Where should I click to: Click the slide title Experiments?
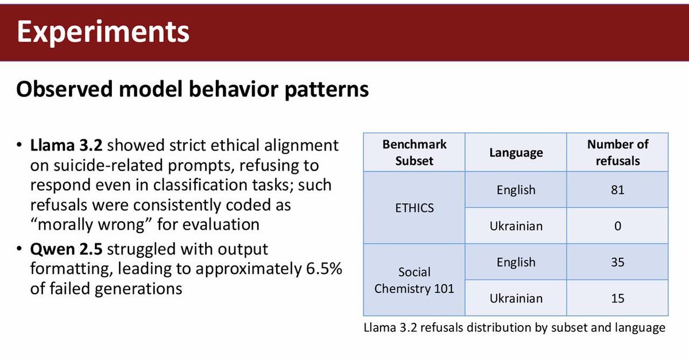click(103, 32)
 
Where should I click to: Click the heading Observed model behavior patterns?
click(192, 90)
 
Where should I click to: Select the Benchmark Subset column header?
click(414, 152)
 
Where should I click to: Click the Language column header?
click(516, 153)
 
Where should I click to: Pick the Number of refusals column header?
click(617, 152)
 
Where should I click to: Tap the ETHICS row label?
click(414, 207)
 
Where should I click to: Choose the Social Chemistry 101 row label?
click(414, 280)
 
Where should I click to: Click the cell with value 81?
click(617, 189)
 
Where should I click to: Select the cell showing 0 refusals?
click(617, 226)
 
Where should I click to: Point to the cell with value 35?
click(617, 262)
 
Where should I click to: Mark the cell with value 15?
click(617, 298)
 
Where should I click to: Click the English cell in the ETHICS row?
click(516, 189)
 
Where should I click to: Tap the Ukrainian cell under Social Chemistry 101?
click(516, 298)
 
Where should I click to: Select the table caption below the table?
click(514, 328)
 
